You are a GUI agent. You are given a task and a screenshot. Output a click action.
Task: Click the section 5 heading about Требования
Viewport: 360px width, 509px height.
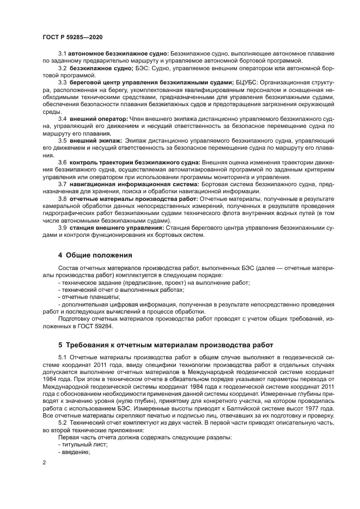click(x=161, y=345)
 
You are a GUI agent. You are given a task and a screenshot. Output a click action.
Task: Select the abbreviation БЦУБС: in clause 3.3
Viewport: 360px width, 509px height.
click(x=233, y=82)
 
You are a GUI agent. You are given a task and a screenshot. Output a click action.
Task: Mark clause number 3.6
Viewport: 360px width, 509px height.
click(x=62, y=162)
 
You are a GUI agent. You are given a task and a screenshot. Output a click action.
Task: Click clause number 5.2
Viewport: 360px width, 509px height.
click(x=62, y=422)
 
